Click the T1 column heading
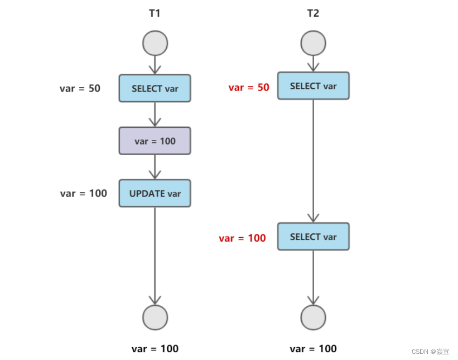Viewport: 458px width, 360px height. click(155, 13)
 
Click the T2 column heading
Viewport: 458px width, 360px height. click(313, 13)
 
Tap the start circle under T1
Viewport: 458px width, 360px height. click(155, 44)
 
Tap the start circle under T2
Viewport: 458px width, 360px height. click(313, 44)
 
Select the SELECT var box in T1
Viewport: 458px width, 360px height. click(155, 88)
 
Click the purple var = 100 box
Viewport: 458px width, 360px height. click(155, 141)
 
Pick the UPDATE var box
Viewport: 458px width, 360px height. click(155, 193)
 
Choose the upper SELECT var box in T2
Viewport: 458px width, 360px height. click(313, 86)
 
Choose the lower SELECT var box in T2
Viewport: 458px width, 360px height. click(313, 237)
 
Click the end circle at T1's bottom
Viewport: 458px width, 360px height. click(155, 318)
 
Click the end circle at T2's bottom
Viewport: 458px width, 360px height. click(313, 318)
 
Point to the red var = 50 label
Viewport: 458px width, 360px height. click(249, 88)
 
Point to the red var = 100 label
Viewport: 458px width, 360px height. click(242, 238)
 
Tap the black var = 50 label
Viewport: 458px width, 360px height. click(80, 88)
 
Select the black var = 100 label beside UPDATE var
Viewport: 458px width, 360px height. click(84, 194)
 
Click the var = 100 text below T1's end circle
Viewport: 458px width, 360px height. click(155, 349)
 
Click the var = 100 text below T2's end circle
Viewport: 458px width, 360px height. click(313, 349)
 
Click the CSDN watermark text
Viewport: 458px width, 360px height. click(430, 352)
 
